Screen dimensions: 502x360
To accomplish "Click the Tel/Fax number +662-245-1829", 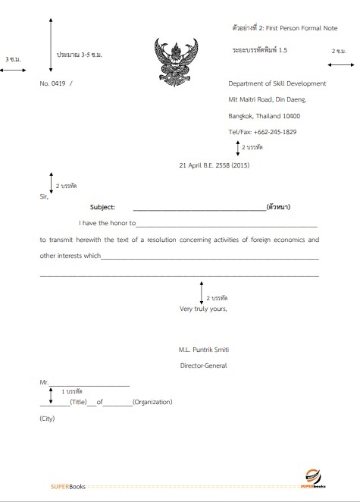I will (262, 132).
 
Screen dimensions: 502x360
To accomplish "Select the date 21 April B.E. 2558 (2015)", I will (214, 165).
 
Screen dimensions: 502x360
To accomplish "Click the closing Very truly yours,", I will (202, 309).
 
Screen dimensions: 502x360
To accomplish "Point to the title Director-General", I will (202, 366).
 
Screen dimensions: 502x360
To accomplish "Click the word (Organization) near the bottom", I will (152, 402).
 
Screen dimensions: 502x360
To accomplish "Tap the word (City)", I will (47, 419).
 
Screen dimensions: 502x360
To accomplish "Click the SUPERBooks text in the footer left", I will (68, 486).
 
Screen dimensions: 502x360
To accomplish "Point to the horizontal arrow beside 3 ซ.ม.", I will (14, 70).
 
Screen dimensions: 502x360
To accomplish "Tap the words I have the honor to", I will (107, 224).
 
